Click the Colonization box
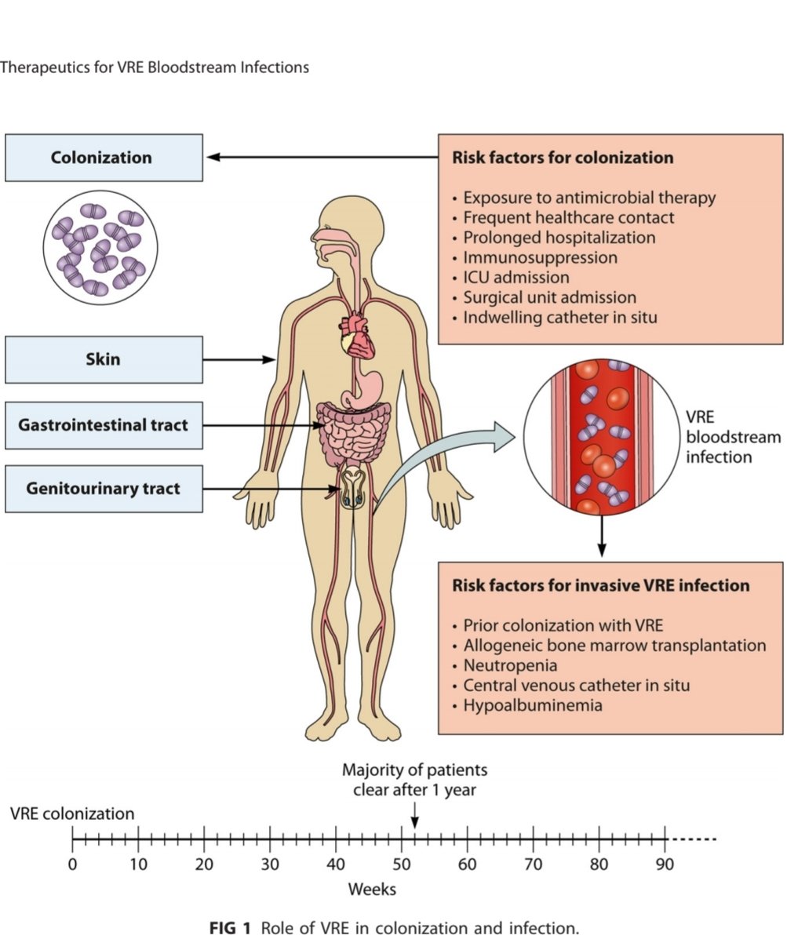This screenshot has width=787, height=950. click(103, 158)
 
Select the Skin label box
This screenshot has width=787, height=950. click(103, 360)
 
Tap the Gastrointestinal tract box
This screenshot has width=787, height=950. click(103, 425)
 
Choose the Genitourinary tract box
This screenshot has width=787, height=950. click(103, 489)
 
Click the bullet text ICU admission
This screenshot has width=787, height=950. click(516, 278)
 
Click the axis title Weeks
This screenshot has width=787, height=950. click(372, 890)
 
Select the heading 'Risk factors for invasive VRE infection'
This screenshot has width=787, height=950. click(600, 586)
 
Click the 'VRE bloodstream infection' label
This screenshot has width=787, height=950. click(733, 436)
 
